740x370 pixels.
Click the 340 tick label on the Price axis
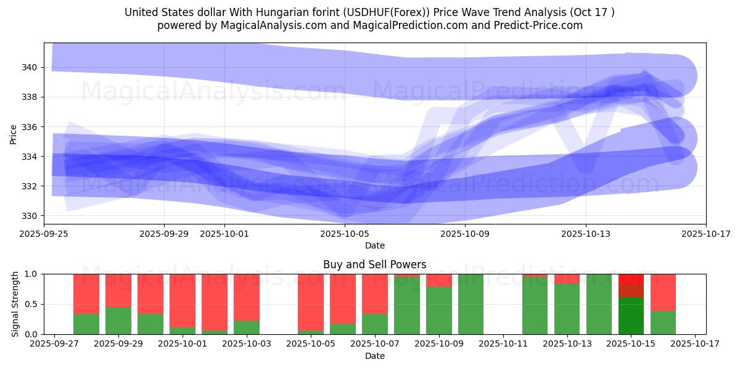(x=30, y=67)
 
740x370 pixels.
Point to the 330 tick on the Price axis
(x=30, y=216)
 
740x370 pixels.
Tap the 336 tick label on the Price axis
(x=30, y=127)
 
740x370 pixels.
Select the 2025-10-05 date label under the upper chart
(x=345, y=234)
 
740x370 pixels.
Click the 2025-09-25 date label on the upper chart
(x=44, y=234)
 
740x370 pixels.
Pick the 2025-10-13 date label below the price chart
(x=585, y=234)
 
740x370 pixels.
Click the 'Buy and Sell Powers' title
(x=374, y=265)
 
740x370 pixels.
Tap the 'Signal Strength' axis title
(x=15, y=304)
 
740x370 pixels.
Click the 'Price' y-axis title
(x=14, y=133)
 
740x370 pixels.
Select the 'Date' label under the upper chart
(x=374, y=245)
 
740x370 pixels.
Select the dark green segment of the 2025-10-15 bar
(x=631, y=316)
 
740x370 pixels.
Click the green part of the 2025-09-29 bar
(x=118, y=321)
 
